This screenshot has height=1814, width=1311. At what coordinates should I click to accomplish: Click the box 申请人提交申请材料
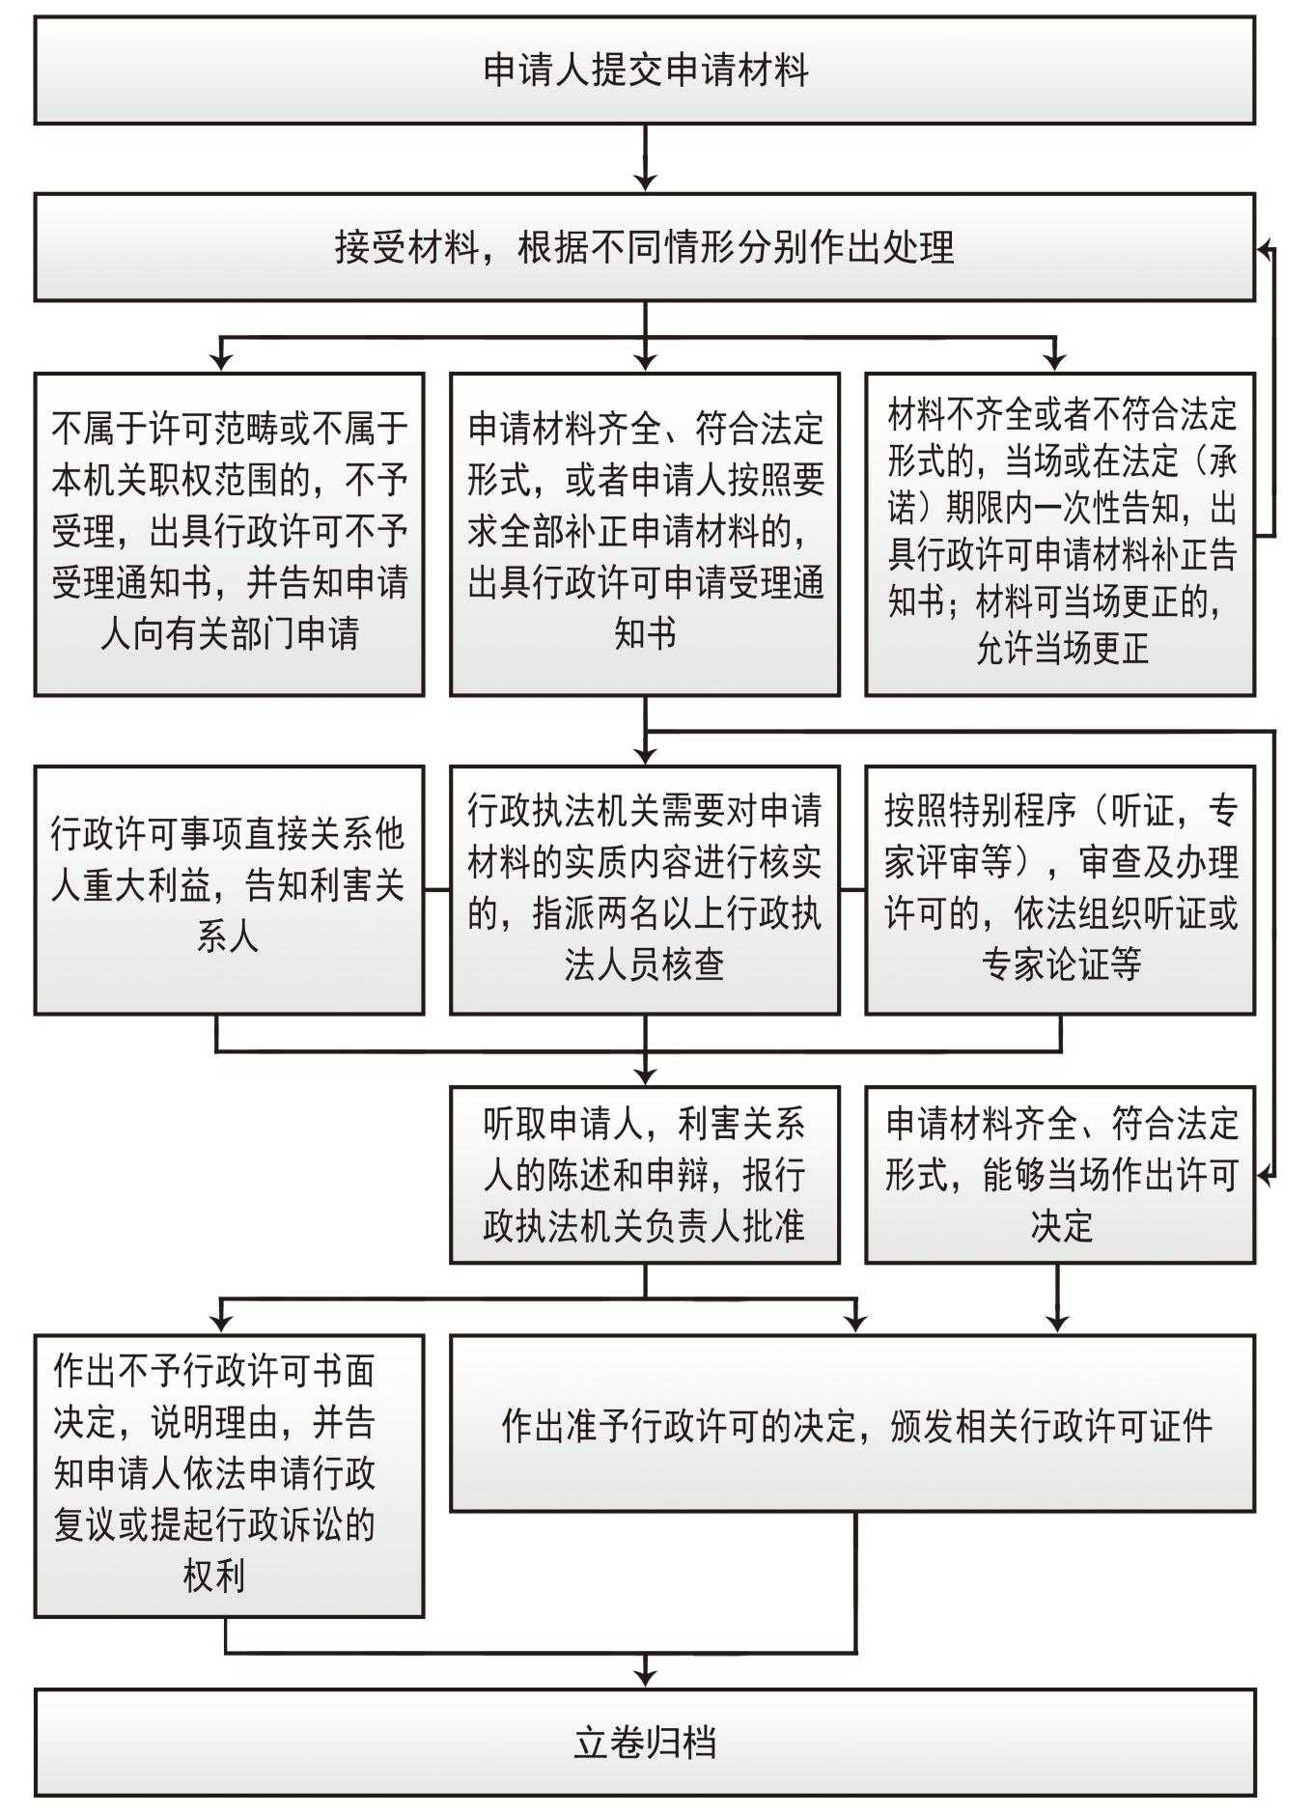point(645,70)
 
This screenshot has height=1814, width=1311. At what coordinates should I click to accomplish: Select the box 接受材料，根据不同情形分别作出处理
point(645,247)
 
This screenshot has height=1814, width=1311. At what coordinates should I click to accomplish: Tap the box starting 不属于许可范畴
point(229,534)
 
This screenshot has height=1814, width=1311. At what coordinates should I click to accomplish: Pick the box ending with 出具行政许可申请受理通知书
point(645,534)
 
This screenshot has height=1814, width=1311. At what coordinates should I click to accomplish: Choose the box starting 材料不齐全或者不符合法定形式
point(1060,534)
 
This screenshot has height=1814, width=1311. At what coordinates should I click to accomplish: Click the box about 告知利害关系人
point(229,889)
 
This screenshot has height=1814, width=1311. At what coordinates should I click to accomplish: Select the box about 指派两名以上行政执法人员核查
point(645,889)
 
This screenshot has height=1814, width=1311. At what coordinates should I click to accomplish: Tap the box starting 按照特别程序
point(1060,889)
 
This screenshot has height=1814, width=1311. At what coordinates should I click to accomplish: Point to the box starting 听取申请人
point(645,1174)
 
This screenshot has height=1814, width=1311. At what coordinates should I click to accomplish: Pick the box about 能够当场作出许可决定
point(1060,1174)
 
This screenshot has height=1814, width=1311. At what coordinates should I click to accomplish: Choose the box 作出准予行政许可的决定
point(852,1423)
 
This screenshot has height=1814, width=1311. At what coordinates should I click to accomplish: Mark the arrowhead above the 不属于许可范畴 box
point(222,360)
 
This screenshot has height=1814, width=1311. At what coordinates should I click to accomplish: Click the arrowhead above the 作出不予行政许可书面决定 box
point(222,1322)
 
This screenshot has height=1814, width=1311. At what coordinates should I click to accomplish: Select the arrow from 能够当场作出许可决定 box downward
point(1058,1298)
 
